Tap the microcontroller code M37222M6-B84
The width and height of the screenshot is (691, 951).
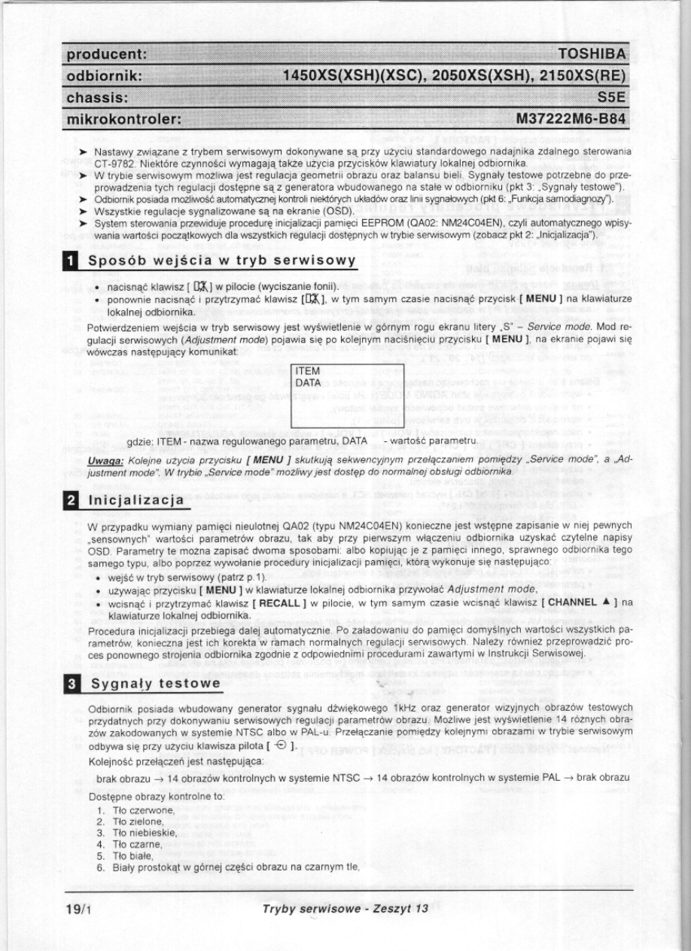[571, 119]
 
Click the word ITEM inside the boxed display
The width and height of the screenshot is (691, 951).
[308, 371]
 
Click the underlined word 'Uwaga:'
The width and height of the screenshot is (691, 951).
[103, 459]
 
